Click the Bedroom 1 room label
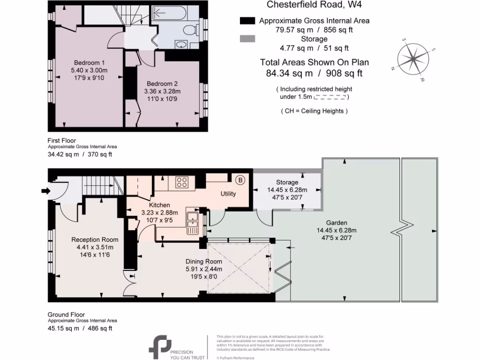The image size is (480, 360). pyautogui.click(x=89, y=63)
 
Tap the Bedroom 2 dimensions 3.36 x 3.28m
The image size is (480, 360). pyautogui.click(x=163, y=91)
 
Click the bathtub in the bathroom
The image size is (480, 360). pyautogui.click(x=174, y=14)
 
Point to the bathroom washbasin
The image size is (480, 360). pyautogui.click(x=181, y=45)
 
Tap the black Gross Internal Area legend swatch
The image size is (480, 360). pyautogui.click(x=247, y=21)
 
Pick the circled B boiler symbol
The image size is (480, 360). pyautogui.click(x=240, y=180)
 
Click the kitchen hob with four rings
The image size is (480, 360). pyautogui.click(x=181, y=182)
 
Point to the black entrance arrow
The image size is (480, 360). pyautogui.click(x=45, y=190)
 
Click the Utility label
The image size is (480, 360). pyautogui.click(x=228, y=194)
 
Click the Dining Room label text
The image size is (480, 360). pyautogui.click(x=203, y=262)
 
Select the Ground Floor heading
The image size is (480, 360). pyautogui.click(x=66, y=315)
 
